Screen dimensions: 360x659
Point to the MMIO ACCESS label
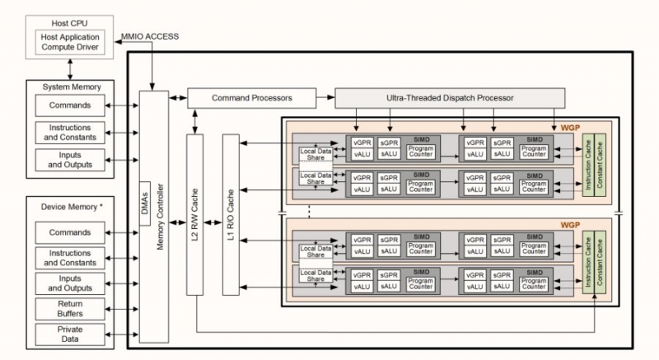click(x=150, y=37)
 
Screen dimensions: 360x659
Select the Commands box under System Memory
click(x=70, y=106)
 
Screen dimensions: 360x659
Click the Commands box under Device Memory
click(x=70, y=232)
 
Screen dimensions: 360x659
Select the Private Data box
click(x=70, y=334)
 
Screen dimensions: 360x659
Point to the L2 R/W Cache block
click(x=195, y=214)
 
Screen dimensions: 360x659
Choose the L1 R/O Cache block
click(x=231, y=214)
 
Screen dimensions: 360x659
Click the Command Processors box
click(x=252, y=98)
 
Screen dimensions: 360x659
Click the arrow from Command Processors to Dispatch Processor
click(x=325, y=98)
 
